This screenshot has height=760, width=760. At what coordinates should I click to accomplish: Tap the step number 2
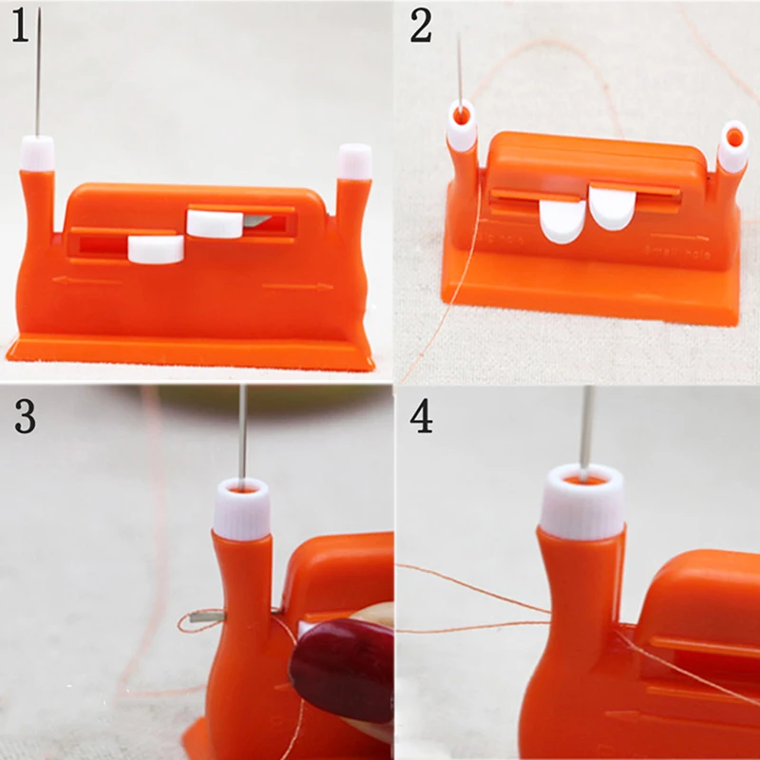421,27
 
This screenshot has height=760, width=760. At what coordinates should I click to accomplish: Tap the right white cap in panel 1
354,161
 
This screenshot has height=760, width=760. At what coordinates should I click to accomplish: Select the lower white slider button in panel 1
155,249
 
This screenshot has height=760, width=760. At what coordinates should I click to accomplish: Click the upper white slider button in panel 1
215,223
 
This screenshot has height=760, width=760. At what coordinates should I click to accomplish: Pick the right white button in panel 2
613,208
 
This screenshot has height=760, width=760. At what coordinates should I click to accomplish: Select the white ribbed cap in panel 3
240,509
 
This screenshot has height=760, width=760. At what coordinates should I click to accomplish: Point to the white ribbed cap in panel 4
582,500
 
